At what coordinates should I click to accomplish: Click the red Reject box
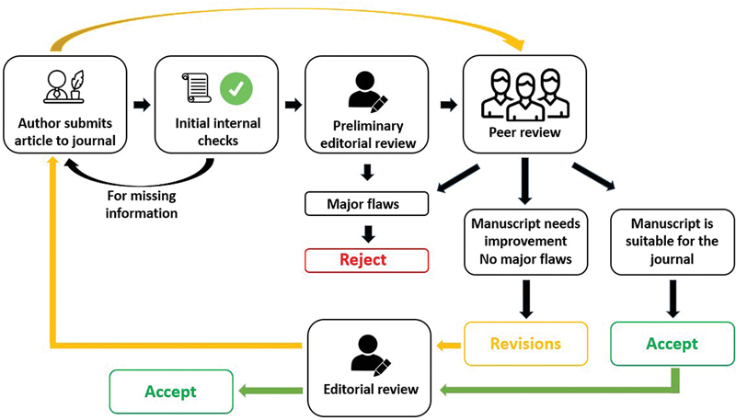pos(366,259)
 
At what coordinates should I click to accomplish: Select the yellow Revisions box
pos(525,344)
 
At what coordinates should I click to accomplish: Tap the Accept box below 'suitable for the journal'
pos(673,344)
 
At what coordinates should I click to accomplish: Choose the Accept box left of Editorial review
pos(170,392)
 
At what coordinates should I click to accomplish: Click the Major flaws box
pos(366,203)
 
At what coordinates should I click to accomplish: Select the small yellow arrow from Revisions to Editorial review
pos(449,345)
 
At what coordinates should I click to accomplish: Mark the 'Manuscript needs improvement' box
pos(524,240)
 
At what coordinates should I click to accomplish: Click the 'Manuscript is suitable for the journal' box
pos(672,240)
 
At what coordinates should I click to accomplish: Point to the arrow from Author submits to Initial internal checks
pos(140,103)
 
